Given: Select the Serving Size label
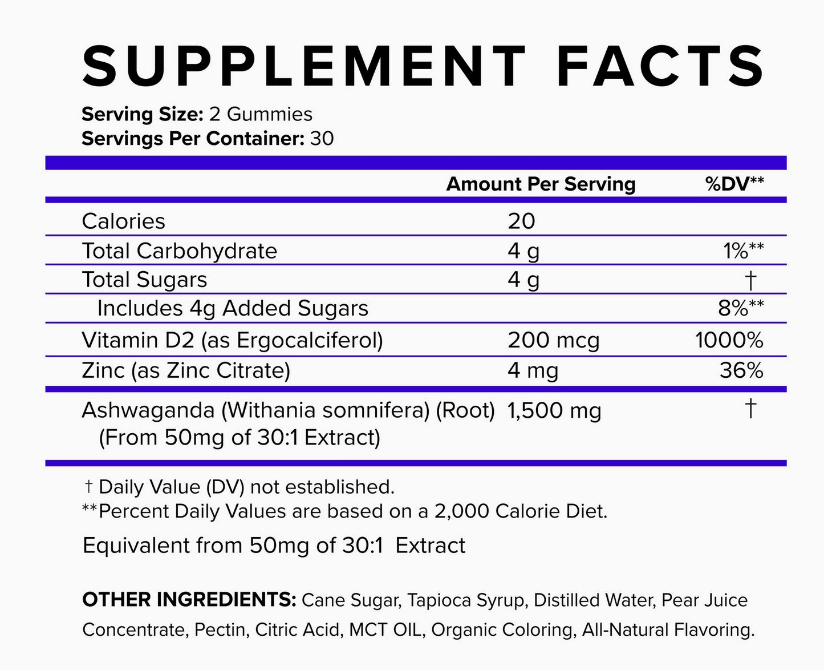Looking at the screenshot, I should [x=143, y=114].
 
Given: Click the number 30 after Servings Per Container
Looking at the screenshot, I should [x=322, y=139].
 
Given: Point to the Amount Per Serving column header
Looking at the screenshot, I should [x=541, y=184].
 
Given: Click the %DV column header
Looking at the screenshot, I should [x=734, y=184].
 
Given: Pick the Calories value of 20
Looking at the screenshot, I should [x=521, y=221].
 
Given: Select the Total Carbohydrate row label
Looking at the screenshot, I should [x=179, y=251].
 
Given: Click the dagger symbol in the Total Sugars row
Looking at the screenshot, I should [x=750, y=280].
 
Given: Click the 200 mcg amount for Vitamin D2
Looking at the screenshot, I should [x=553, y=341].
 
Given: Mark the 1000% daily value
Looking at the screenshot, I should [x=729, y=341].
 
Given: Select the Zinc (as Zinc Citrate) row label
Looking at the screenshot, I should [x=186, y=371].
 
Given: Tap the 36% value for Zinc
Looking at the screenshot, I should [x=741, y=371].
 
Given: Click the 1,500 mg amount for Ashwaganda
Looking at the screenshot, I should [x=554, y=411].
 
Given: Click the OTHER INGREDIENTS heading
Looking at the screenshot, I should [x=189, y=600].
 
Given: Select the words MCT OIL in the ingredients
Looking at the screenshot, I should [x=385, y=630].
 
